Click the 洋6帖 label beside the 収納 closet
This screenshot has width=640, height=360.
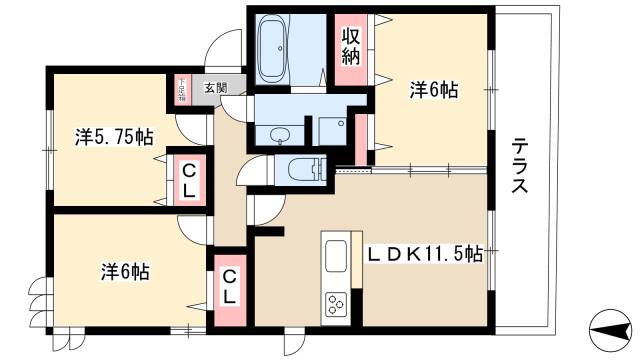[434, 90]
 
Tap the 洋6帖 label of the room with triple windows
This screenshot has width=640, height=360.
[125, 271]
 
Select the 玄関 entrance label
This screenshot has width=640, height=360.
[215, 88]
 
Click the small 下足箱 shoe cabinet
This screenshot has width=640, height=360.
[182, 89]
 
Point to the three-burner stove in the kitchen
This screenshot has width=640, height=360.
[334, 302]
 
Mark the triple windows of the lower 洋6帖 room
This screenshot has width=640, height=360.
[38, 297]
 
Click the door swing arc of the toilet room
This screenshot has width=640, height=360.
[257, 173]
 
